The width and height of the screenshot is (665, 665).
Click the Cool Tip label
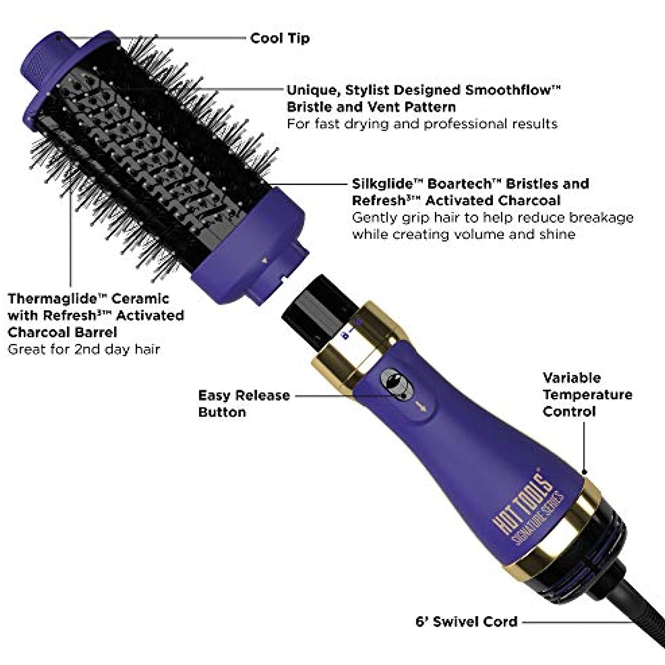[x=280, y=38]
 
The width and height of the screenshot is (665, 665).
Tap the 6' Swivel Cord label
[x=466, y=622]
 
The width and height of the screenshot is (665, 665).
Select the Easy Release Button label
[x=244, y=404]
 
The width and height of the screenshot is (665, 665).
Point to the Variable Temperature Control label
[x=587, y=394]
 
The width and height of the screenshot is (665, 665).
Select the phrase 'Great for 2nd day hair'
[x=84, y=349]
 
